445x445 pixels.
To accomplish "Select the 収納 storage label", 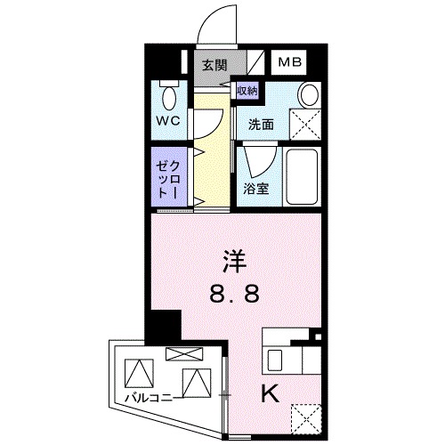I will (x=247, y=90).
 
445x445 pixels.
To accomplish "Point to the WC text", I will (x=168, y=120).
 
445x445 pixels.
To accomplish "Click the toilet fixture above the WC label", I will (x=168, y=96).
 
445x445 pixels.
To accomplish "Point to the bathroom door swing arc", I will (x=257, y=160).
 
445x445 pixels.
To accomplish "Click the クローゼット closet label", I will (x=167, y=179).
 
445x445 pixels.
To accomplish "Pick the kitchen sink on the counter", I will (x=276, y=360).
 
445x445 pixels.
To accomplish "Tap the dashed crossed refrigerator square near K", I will (x=305, y=416).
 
